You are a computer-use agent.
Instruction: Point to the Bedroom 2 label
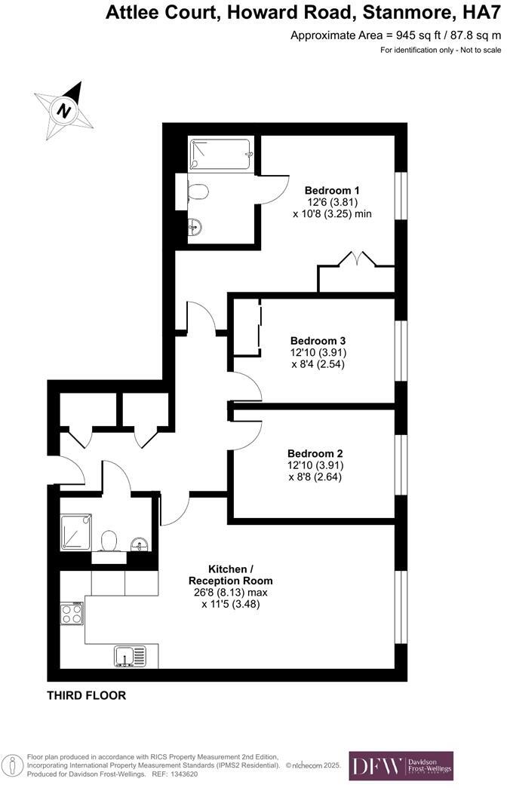[315, 453]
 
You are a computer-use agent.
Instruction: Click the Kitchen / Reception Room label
[230, 575]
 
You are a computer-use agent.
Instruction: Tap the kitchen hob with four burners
[72, 613]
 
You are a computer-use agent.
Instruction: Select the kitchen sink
[128, 655]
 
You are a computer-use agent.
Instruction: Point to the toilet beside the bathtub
[197, 192]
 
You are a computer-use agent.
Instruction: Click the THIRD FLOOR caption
[87, 694]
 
